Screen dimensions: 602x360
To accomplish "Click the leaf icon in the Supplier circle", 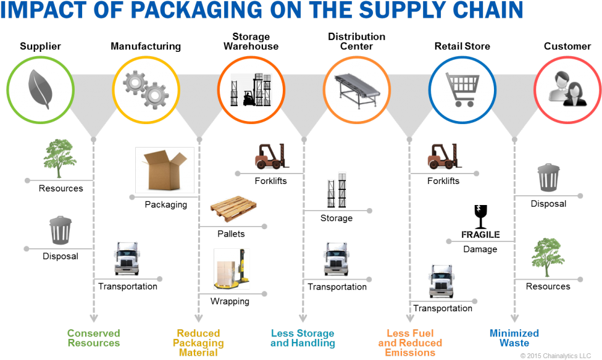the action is click(x=40, y=90).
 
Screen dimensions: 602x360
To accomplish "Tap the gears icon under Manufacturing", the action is click(x=146, y=90).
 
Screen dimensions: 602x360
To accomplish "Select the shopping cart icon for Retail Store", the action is click(x=462, y=90).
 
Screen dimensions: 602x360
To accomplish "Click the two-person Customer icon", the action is click(x=567, y=89).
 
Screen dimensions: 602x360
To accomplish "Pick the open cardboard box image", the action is click(x=165, y=170).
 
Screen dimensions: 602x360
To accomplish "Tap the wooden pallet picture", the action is click(x=233, y=209).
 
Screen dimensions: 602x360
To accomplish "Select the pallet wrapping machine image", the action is click(x=232, y=269).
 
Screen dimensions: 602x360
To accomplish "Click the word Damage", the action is click(x=480, y=249).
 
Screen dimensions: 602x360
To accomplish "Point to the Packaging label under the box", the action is click(x=166, y=204).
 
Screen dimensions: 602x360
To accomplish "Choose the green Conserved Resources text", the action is click(x=94, y=338).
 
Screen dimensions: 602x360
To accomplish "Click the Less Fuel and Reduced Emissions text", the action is click(x=410, y=343).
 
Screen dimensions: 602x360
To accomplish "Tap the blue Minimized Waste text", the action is click(x=514, y=338).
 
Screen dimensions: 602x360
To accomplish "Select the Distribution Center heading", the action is click(x=357, y=41).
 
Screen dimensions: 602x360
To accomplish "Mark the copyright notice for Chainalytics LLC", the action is click(x=556, y=356).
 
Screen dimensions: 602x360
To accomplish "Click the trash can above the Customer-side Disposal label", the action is click(x=548, y=177).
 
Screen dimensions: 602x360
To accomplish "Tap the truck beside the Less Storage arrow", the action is click(x=336, y=259).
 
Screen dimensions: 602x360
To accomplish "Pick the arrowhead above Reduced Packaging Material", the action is click(x=198, y=318).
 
